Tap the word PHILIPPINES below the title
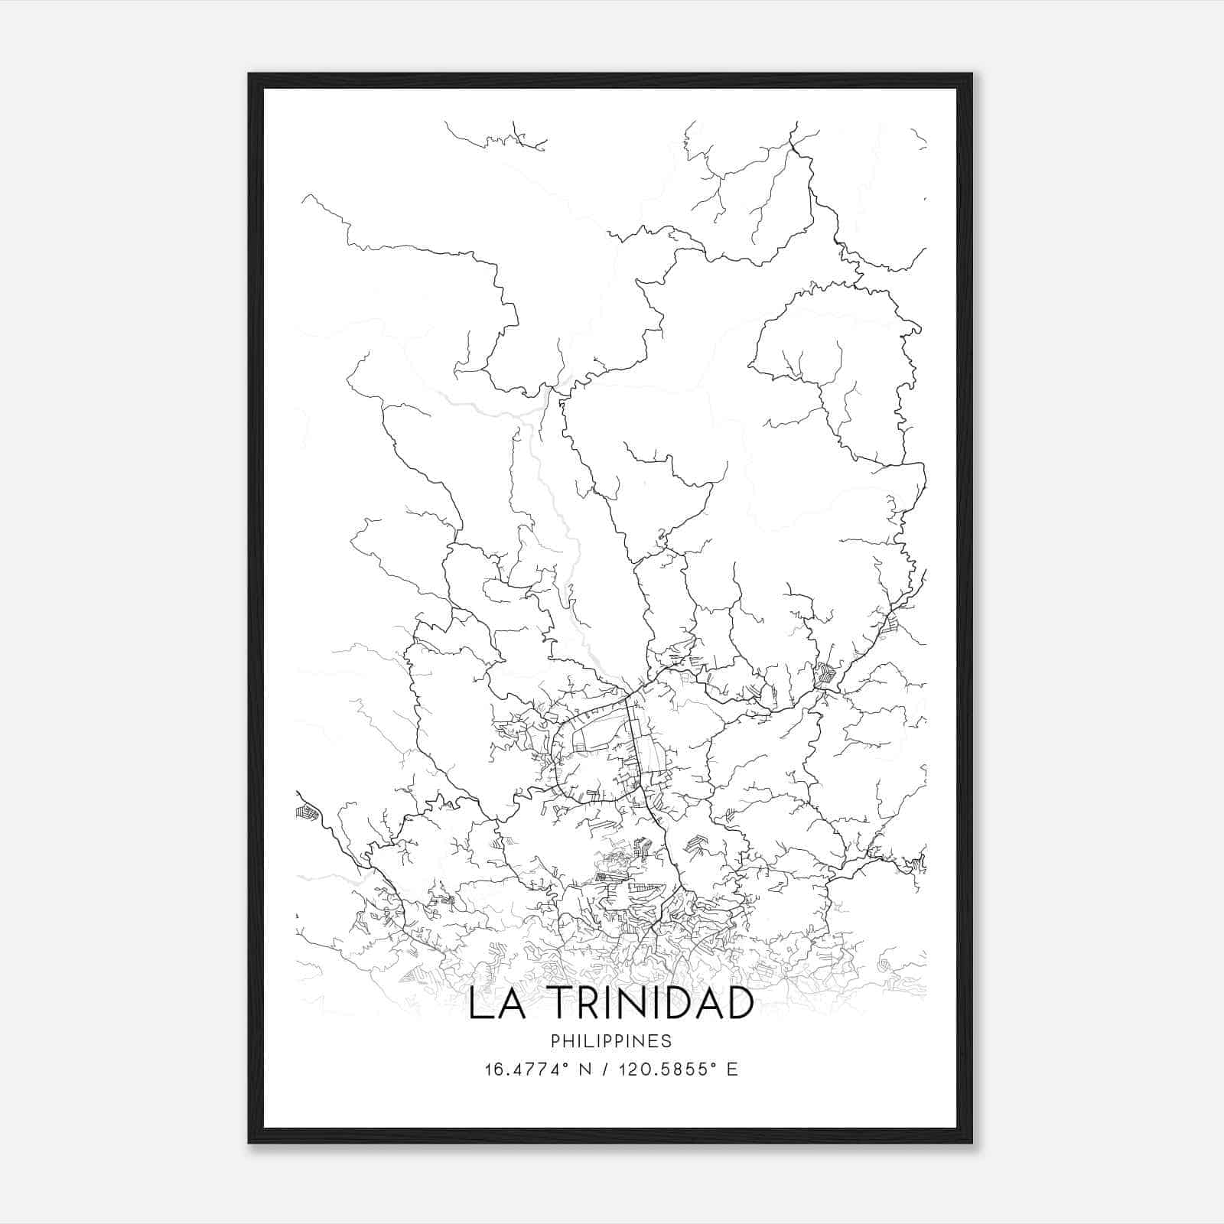611,1041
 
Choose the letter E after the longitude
732,1069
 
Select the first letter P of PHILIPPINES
555,1041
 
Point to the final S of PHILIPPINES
667,1041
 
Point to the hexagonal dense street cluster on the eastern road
825,674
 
